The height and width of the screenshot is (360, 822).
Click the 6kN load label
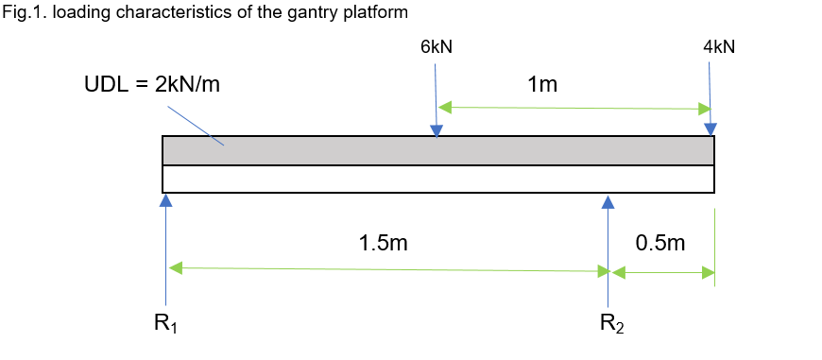click(x=436, y=47)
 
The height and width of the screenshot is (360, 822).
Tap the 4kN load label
click(x=718, y=47)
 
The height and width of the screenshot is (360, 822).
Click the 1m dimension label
click(x=542, y=86)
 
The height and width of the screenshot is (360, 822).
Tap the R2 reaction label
click(x=612, y=323)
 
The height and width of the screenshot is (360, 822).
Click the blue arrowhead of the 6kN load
click(x=436, y=129)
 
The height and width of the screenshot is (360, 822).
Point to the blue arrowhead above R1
click(x=165, y=200)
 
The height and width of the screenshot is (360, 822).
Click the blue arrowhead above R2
click(x=608, y=201)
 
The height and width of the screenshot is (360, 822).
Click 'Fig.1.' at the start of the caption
click(x=21, y=12)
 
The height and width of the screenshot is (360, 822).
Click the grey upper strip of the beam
click(x=378, y=151)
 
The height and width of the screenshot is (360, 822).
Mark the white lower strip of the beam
click(x=378, y=179)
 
